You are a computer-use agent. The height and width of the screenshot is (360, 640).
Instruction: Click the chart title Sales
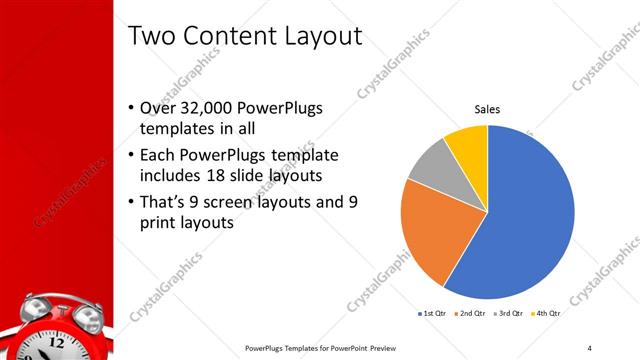487,109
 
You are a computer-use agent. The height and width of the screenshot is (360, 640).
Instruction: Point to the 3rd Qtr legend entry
509,313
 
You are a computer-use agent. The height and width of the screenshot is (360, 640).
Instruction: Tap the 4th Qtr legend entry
546,313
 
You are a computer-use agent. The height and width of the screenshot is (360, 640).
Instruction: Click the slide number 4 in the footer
589,347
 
